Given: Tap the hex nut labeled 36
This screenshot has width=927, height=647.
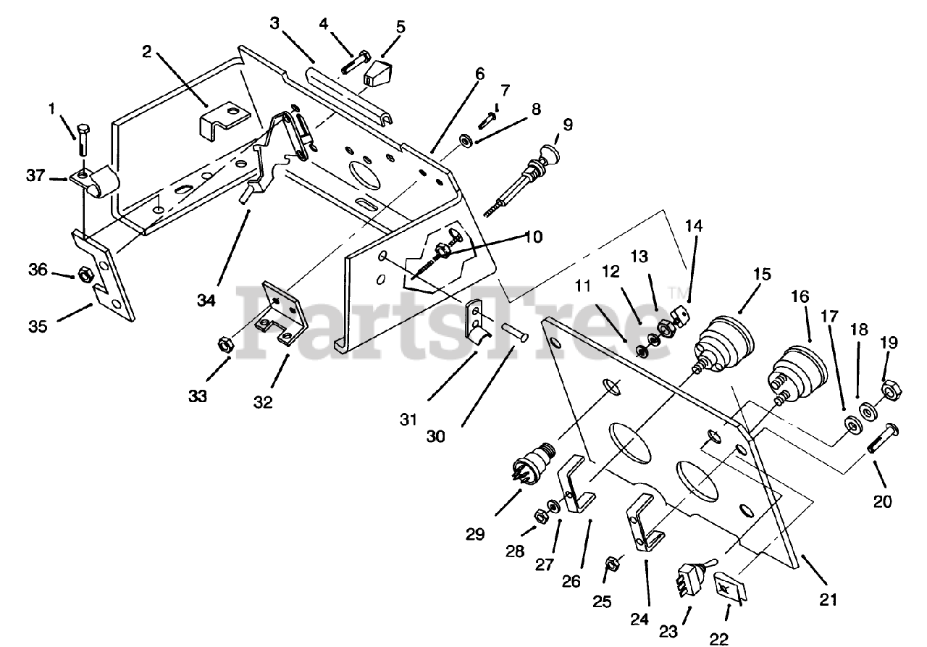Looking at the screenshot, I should coord(85,275).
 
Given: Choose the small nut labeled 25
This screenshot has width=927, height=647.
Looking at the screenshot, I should coord(612,563).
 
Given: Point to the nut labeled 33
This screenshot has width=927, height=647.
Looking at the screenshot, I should coord(225,346).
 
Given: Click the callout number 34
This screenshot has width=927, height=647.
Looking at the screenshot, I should coord(206,299).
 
